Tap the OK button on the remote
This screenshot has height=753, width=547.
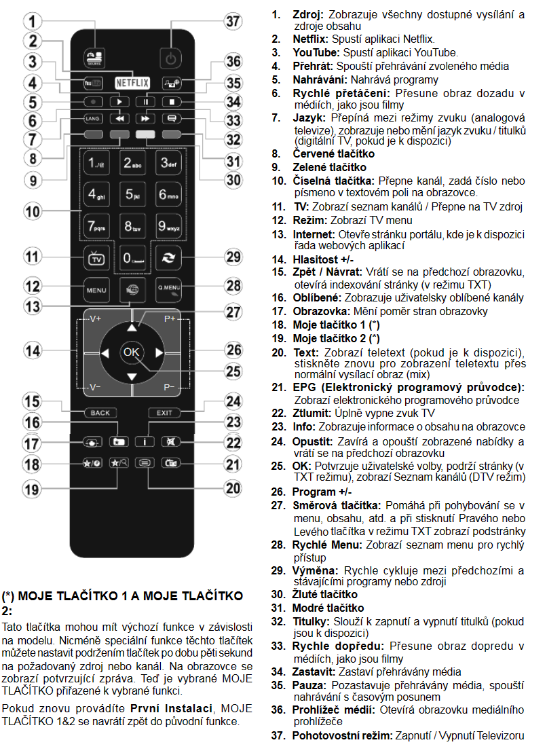[131, 352]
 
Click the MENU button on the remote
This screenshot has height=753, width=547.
[96, 289]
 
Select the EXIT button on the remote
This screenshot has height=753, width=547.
[164, 412]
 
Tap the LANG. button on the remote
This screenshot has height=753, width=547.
[93, 118]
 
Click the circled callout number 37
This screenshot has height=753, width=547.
[233, 21]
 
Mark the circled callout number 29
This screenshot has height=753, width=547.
[233, 257]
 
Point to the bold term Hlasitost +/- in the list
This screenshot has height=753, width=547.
[323, 259]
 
